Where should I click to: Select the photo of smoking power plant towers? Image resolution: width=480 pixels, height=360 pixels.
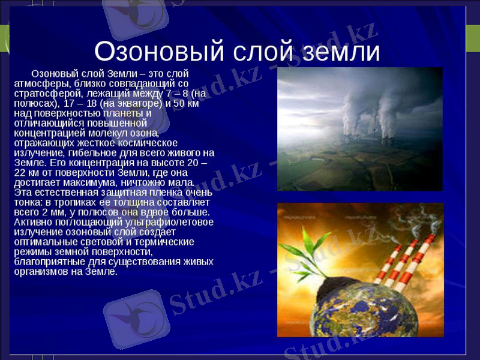pos(359,128)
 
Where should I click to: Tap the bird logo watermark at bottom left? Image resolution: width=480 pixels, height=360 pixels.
pos(133,319)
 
